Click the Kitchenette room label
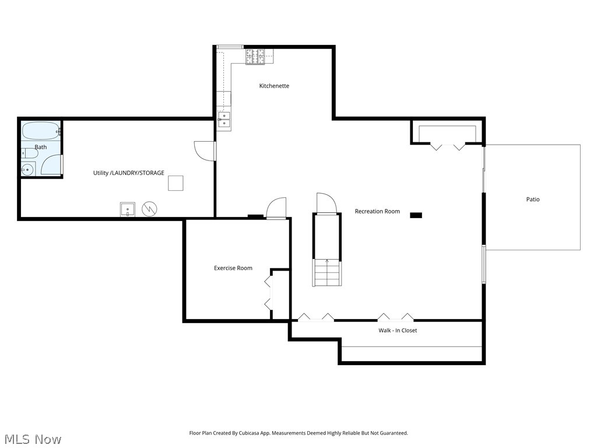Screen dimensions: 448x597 point(274,86)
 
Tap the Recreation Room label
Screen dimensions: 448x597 point(377,211)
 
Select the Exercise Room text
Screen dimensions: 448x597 point(233,268)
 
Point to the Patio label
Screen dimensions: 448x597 point(533,199)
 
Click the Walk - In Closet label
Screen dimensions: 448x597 point(398,330)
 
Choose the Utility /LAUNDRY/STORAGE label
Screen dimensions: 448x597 point(129,173)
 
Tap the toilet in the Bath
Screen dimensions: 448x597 point(30,153)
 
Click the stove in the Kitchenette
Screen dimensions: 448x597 point(255,57)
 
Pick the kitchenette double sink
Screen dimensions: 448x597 point(224,120)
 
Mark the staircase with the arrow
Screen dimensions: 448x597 point(326,272)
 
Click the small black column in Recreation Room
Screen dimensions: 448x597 point(416,215)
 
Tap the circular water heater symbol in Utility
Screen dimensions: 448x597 point(150,208)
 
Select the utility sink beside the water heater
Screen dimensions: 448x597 point(128,209)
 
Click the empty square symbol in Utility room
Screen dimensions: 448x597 point(176,183)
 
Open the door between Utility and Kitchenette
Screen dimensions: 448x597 point(205,150)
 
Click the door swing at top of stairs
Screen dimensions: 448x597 point(326,204)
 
